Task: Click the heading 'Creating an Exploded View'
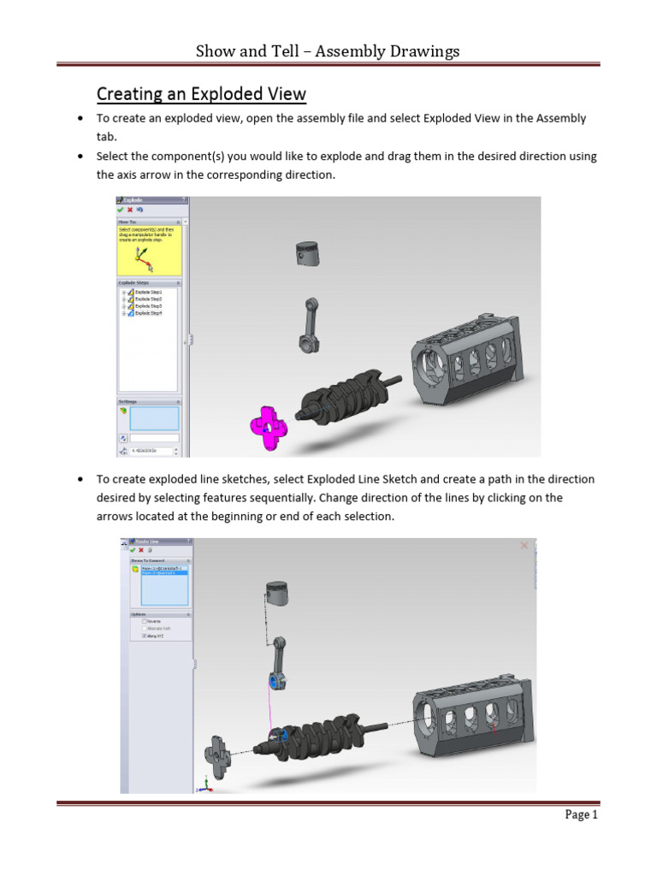(x=201, y=93)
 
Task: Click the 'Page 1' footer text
(x=581, y=815)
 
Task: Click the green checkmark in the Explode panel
(x=121, y=210)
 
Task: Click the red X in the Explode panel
(x=130, y=210)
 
